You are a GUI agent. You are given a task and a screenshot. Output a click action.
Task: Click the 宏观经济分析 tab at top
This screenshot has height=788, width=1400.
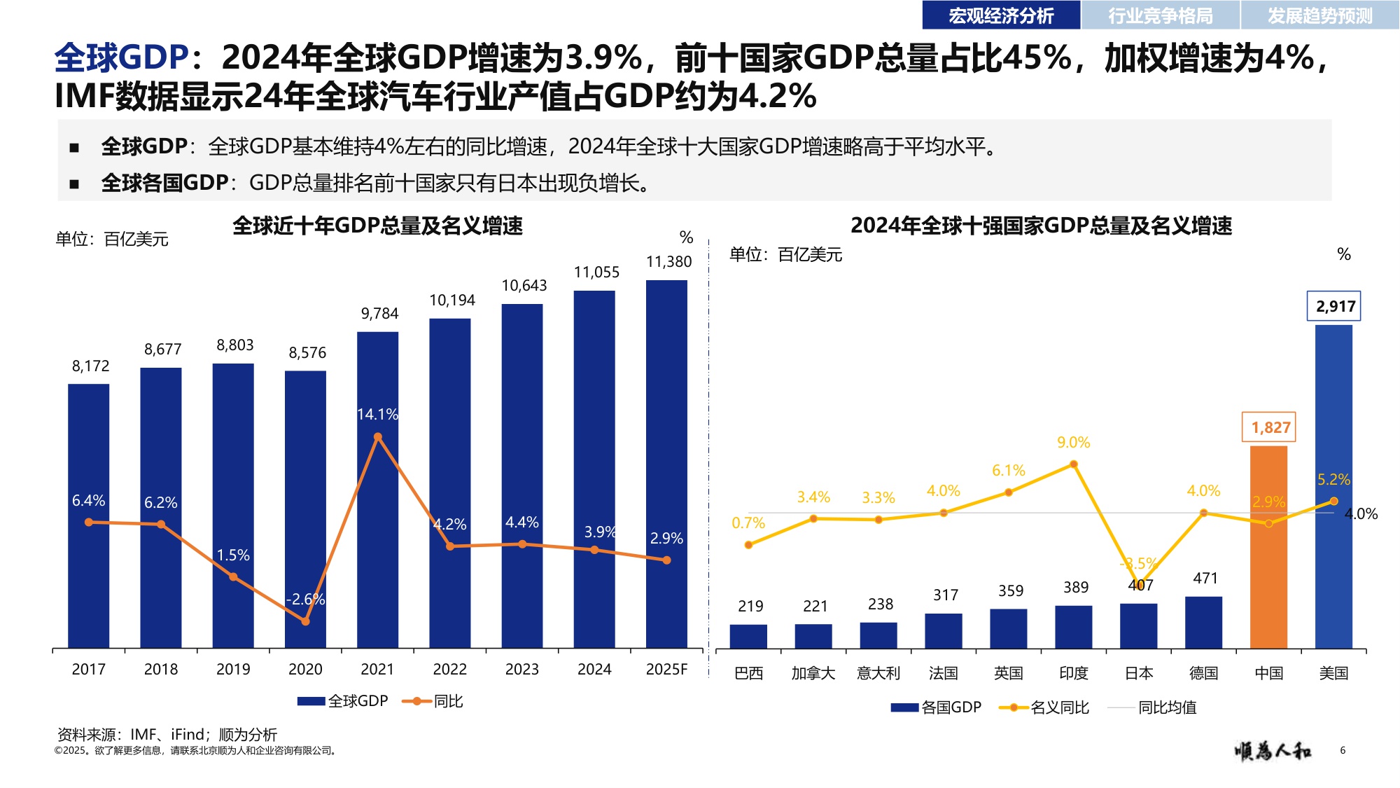[x=1000, y=15]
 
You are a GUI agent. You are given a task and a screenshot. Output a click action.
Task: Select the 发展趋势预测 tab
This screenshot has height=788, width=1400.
[x=1319, y=15]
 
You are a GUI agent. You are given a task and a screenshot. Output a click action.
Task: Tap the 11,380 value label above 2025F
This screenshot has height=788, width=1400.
[x=668, y=262]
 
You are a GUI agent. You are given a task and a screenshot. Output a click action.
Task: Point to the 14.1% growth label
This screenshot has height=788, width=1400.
[x=377, y=415]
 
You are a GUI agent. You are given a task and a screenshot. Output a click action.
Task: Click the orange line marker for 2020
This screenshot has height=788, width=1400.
[x=305, y=621]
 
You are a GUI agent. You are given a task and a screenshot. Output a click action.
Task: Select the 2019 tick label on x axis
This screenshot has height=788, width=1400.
[x=233, y=670]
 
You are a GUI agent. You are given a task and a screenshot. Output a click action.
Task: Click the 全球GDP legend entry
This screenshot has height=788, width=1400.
[x=343, y=701]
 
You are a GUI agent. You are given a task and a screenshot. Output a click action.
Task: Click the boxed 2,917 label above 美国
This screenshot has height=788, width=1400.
[x=1334, y=306]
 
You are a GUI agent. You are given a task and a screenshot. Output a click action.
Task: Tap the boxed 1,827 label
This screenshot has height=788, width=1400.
[x=1269, y=427]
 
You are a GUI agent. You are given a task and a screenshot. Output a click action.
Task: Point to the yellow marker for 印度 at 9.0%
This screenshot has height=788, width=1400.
[x=1073, y=464]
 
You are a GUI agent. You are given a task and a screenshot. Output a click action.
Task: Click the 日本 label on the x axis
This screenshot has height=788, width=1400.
[x=1139, y=674]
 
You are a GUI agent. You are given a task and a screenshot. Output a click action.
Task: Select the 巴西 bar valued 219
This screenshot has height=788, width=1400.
[x=748, y=636]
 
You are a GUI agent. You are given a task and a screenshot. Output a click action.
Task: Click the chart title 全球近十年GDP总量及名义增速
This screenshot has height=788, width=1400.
[x=377, y=226]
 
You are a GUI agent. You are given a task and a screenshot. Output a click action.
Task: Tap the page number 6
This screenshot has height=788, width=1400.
[x=1343, y=750]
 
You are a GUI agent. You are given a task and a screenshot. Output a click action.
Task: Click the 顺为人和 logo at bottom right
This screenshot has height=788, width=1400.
[x=1273, y=751]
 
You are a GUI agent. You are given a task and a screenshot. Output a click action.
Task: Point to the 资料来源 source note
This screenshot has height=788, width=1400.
[x=167, y=735]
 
